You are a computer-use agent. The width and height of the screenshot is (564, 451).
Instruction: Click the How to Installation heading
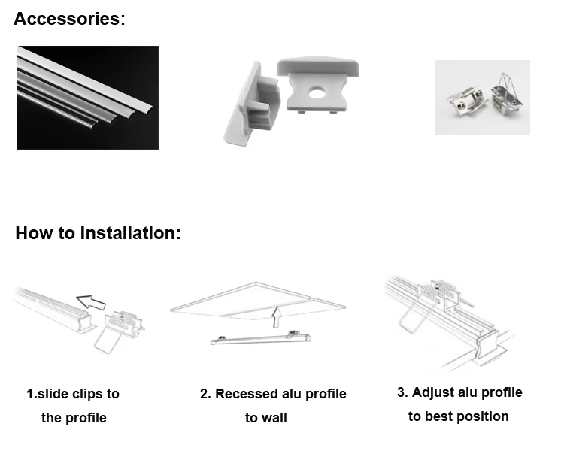tap(98, 233)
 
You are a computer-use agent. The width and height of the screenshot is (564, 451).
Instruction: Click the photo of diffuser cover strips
tap(87, 97)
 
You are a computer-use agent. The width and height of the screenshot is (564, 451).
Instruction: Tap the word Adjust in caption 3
tap(434, 392)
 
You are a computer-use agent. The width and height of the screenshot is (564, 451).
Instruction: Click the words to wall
tap(266, 418)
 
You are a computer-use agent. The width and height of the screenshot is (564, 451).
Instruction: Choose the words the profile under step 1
tap(74, 418)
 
